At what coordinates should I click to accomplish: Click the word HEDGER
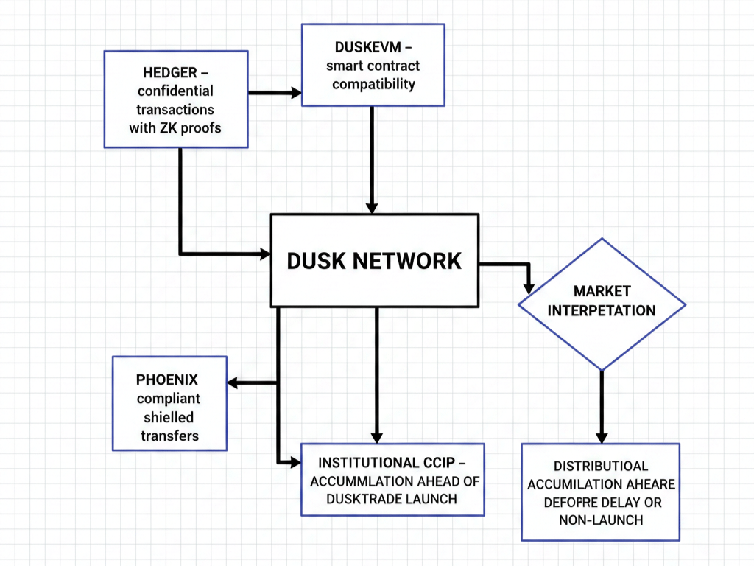(170, 72)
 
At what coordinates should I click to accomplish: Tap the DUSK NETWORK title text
(374, 260)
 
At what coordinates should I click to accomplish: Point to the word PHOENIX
(167, 380)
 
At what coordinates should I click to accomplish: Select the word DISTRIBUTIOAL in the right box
(601, 466)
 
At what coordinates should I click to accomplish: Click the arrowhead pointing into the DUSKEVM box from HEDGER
(296, 93)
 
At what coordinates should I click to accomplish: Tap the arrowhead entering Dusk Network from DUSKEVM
(373, 207)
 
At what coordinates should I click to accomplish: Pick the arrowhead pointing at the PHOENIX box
(233, 382)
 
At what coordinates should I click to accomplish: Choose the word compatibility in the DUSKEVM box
(373, 84)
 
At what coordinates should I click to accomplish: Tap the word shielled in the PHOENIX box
(169, 417)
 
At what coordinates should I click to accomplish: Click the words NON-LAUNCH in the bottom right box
(601, 520)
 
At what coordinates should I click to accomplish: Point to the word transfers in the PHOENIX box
(169, 436)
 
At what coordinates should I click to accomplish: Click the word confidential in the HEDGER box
(177, 91)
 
